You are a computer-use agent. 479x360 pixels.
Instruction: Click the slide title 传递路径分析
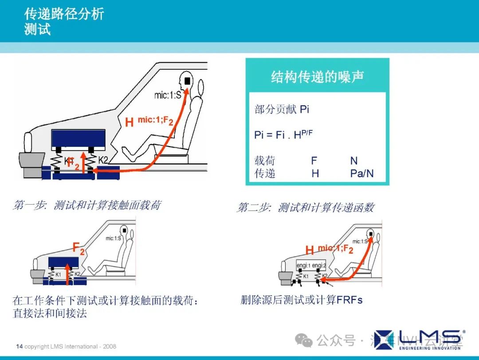pos(64,14)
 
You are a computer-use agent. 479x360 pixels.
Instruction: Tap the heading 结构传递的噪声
pos(318,77)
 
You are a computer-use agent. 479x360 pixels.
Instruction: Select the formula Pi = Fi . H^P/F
pos(283,134)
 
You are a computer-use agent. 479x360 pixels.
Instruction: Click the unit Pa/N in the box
pos(361,174)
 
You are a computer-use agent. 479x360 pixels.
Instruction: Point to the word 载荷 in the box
pos(265,161)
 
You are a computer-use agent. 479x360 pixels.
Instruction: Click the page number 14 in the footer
pos(19,346)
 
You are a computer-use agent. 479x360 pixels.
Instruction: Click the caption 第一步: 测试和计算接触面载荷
pos(87,205)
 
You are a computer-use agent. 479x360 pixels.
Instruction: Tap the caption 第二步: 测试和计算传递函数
pos(306,207)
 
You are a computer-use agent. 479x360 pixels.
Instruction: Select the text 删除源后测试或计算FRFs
pos(301,300)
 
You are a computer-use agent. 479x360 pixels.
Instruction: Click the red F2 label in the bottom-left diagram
pos(79,249)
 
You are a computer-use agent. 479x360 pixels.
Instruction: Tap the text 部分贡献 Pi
pos(282,109)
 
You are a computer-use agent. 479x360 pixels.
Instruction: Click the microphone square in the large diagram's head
pos(187,81)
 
